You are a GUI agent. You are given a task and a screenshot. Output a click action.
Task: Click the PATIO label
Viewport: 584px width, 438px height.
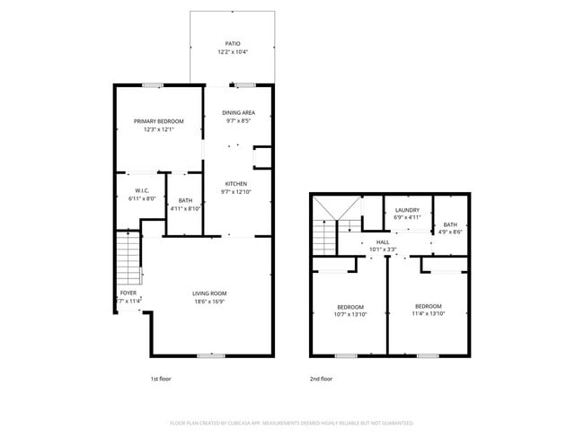point(233,43)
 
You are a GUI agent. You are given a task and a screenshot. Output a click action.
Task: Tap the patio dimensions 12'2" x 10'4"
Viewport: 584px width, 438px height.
point(233,52)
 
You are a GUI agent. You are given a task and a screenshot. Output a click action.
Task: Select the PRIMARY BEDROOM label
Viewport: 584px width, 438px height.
point(159,121)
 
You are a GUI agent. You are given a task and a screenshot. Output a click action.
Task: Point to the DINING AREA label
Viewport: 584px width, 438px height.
point(239,112)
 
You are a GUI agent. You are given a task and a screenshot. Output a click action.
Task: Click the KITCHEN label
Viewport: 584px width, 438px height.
point(235,183)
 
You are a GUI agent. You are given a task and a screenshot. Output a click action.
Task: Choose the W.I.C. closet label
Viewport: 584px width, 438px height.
point(142,189)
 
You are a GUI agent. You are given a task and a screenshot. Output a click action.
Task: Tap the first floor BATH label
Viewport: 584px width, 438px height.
point(185,200)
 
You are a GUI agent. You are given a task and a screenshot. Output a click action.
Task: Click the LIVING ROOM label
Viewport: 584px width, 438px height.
point(209,293)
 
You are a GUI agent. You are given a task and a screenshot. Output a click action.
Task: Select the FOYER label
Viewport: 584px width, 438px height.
point(128,293)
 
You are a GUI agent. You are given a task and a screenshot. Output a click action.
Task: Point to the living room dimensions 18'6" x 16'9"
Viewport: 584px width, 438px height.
point(209,302)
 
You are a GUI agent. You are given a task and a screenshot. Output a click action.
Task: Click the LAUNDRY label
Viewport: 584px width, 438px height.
point(407,209)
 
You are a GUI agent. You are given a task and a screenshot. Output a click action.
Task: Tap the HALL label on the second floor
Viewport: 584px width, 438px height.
point(382,241)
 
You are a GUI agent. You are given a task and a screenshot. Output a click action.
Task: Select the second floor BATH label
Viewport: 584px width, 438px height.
point(449,224)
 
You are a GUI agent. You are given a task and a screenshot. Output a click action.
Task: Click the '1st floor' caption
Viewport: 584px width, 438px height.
point(160,379)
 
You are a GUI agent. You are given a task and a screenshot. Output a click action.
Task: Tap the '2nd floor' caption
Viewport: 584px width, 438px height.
point(321,379)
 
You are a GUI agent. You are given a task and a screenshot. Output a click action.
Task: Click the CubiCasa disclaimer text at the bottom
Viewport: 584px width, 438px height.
point(291,422)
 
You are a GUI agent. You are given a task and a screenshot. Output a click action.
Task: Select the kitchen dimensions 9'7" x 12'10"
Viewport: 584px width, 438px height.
point(235,191)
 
